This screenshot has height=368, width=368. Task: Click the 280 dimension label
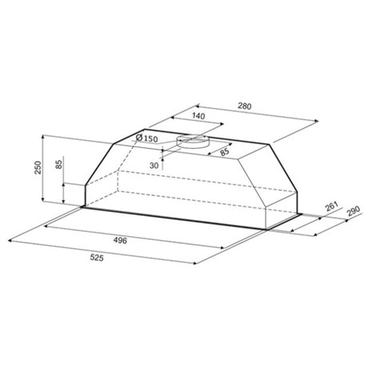245,106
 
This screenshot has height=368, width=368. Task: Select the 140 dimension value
198,116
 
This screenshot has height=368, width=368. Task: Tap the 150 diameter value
151,139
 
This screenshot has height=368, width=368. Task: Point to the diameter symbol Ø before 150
139,138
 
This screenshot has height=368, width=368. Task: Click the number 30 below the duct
154,166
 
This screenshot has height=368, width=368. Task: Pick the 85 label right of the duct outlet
225,152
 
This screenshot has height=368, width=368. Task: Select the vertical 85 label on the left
59,164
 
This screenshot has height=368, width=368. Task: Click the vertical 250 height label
38,167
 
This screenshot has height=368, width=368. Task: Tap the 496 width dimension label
120,240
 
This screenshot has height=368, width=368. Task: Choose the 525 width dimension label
97,258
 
